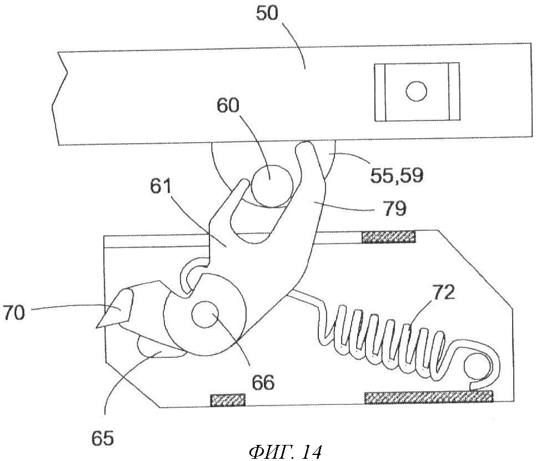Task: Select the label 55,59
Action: coord(396,175)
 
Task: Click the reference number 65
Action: coord(103,439)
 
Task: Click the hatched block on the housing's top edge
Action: coord(389,237)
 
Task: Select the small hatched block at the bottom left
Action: coord(227,399)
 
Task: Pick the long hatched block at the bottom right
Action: coord(428,396)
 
